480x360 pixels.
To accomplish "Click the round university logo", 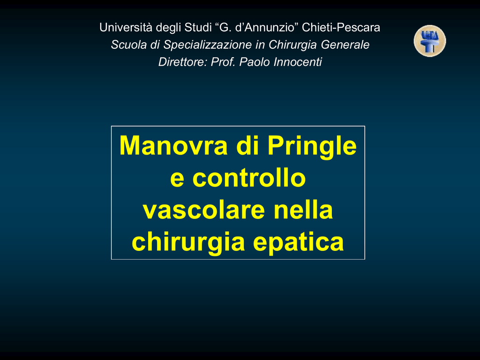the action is click(x=430, y=41).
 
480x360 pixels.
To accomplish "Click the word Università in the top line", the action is click(x=126, y=28).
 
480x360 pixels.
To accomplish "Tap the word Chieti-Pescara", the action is click(x=341, y=28).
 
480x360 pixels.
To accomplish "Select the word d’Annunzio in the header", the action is click(x=267, y=28).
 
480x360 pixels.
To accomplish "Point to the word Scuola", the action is click(x=129, y=45).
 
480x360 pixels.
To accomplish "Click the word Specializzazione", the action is click(x=208, y=45).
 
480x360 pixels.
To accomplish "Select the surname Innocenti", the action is click(x=298, y=62).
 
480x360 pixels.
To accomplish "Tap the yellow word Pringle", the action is click(x=312, y=147).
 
